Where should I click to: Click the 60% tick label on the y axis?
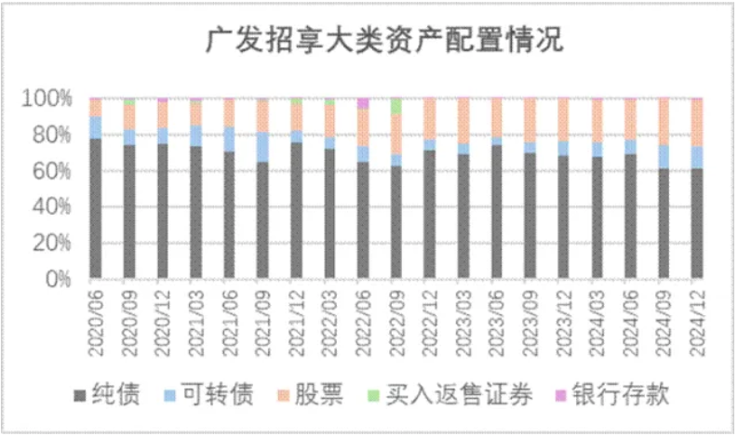pos(55,170)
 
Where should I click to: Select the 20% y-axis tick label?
pos(55,243)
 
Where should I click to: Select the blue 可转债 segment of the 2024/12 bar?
pos(696,157)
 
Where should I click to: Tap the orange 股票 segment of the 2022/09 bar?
pos(396,135)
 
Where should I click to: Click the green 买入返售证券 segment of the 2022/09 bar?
pos(396,105)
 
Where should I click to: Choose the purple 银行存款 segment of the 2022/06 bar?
pos(363,103)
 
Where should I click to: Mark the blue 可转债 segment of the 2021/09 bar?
pos(262,147)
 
